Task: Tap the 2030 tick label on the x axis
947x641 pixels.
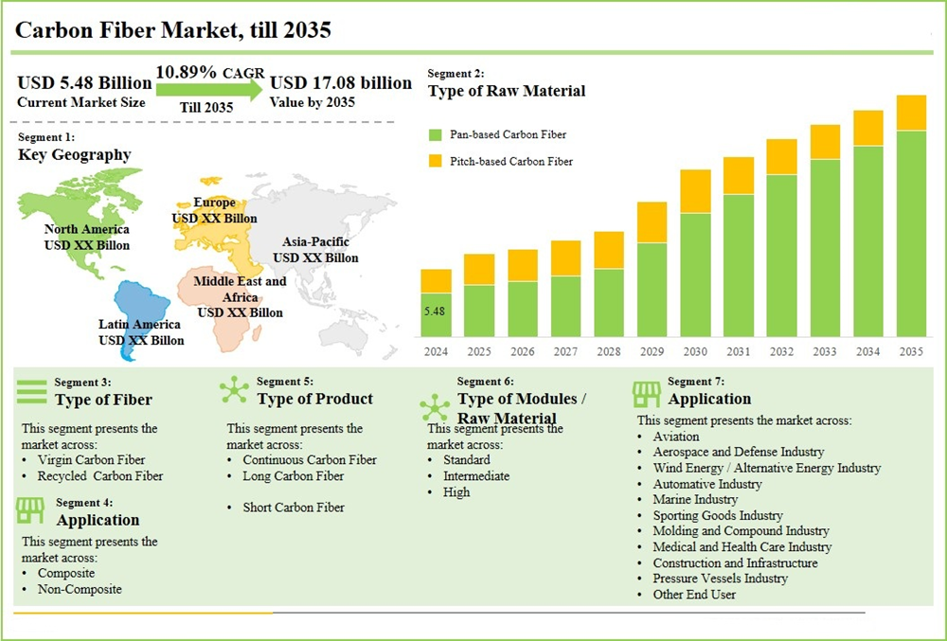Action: pyautogui.click(x=695, y=351)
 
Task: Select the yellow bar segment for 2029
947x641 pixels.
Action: pyautogui.click(x=652, y=223)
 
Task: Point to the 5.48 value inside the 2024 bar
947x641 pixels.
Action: pyautogui.click(x=435, y=311)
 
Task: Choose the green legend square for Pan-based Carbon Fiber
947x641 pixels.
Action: pyautogui.click(x=436, y=134)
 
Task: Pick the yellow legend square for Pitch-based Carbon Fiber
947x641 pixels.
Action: pyautogui.click(x=436, y=161)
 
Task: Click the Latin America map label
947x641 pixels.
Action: pyautogui.click(x=141, y=332)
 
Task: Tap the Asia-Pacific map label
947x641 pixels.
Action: pyautogui.click(x=316, y=250)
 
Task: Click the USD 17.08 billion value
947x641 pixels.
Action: pyautogui.click(x=341, y=83)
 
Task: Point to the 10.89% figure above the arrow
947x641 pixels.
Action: pyautogui.click(x=187, y=72)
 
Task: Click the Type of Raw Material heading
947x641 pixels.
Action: pyautogui.click(x=507, y=91)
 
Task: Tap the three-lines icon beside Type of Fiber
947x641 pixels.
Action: pyautogui.click(x=32, y=391)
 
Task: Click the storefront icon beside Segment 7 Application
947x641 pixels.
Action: pyautogui.click(x=646, y=393)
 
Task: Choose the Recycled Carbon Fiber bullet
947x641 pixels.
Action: pyautogui.click(x=99, y=476)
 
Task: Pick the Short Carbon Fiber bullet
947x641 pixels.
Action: pyautogui.click(x=294, y=507)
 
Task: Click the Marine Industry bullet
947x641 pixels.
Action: pyautogui.click(x=695, y=499)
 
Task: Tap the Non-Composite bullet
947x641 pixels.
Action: pyautogui.click(x=80, y=589)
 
